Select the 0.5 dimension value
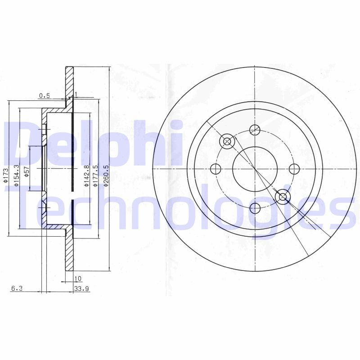click(x=44, y=95)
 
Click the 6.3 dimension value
click(x=16, y=289)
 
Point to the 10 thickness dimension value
click(x=78, y=279)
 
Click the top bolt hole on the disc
click(x=255, y=129)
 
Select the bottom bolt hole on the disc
click(x=255, y=208)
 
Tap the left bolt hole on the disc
click(x=216, y=169)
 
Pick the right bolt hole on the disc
click(x=294, y=169)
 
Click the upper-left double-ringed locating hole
click(x=227, y=142)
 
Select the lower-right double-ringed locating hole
click(x=283, y=197)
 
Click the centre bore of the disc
click(x=255, y=169)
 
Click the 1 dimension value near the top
click(x=76, y=94)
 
